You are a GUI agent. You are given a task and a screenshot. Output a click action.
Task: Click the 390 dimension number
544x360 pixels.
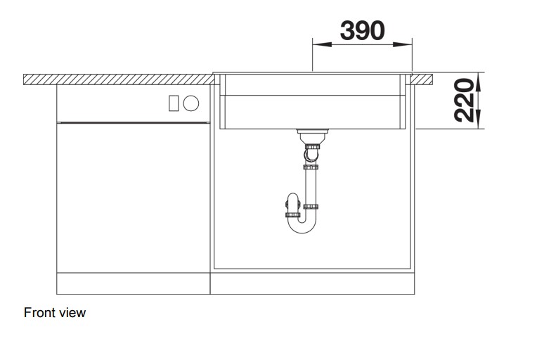point(362,30)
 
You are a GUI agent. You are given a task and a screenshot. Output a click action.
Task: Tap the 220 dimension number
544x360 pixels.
point(463,101)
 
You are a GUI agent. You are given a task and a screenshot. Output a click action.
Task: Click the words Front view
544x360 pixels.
point(55,312)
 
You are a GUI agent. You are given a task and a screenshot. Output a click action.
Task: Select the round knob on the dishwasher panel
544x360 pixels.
point(190,103)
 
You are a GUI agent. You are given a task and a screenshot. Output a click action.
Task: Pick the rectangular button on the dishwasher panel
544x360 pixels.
point(174,103)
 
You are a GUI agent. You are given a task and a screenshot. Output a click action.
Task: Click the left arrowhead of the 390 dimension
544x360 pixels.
point(322,44)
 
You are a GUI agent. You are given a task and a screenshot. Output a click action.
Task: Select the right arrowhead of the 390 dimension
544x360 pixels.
point(403,44)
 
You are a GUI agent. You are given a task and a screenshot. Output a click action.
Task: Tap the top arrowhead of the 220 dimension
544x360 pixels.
point(478,82)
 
